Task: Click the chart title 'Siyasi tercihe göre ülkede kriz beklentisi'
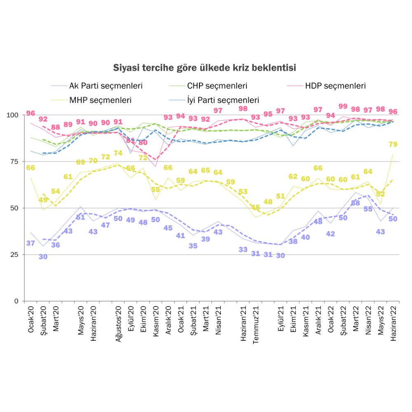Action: tap(205, 67)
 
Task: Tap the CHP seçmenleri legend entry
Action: tap(217, 86)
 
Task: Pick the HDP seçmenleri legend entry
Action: tap(335, 86)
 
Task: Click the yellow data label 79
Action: tap(393, 144)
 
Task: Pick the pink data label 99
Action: tap(343, 106)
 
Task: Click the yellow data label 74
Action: tap(118, 153)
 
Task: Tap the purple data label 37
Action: tap(30, 243)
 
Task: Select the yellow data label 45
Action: tap(255, 208)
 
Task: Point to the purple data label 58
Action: tap(355, 203)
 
